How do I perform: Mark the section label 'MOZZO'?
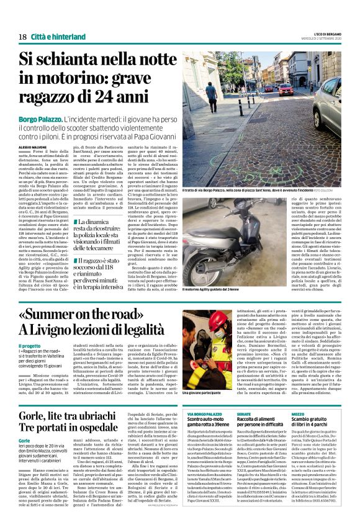coord(298,413)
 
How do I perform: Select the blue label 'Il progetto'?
coord(30,345)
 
